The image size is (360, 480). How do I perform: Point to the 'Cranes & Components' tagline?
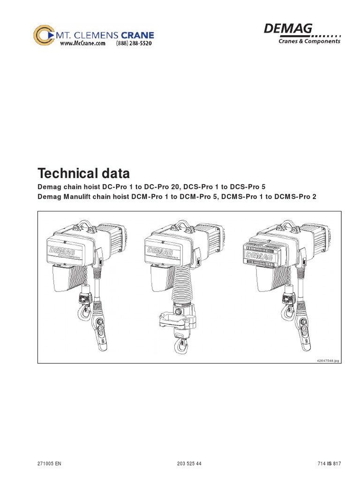pos(309,41)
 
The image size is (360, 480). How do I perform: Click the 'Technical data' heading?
pos(83,174)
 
